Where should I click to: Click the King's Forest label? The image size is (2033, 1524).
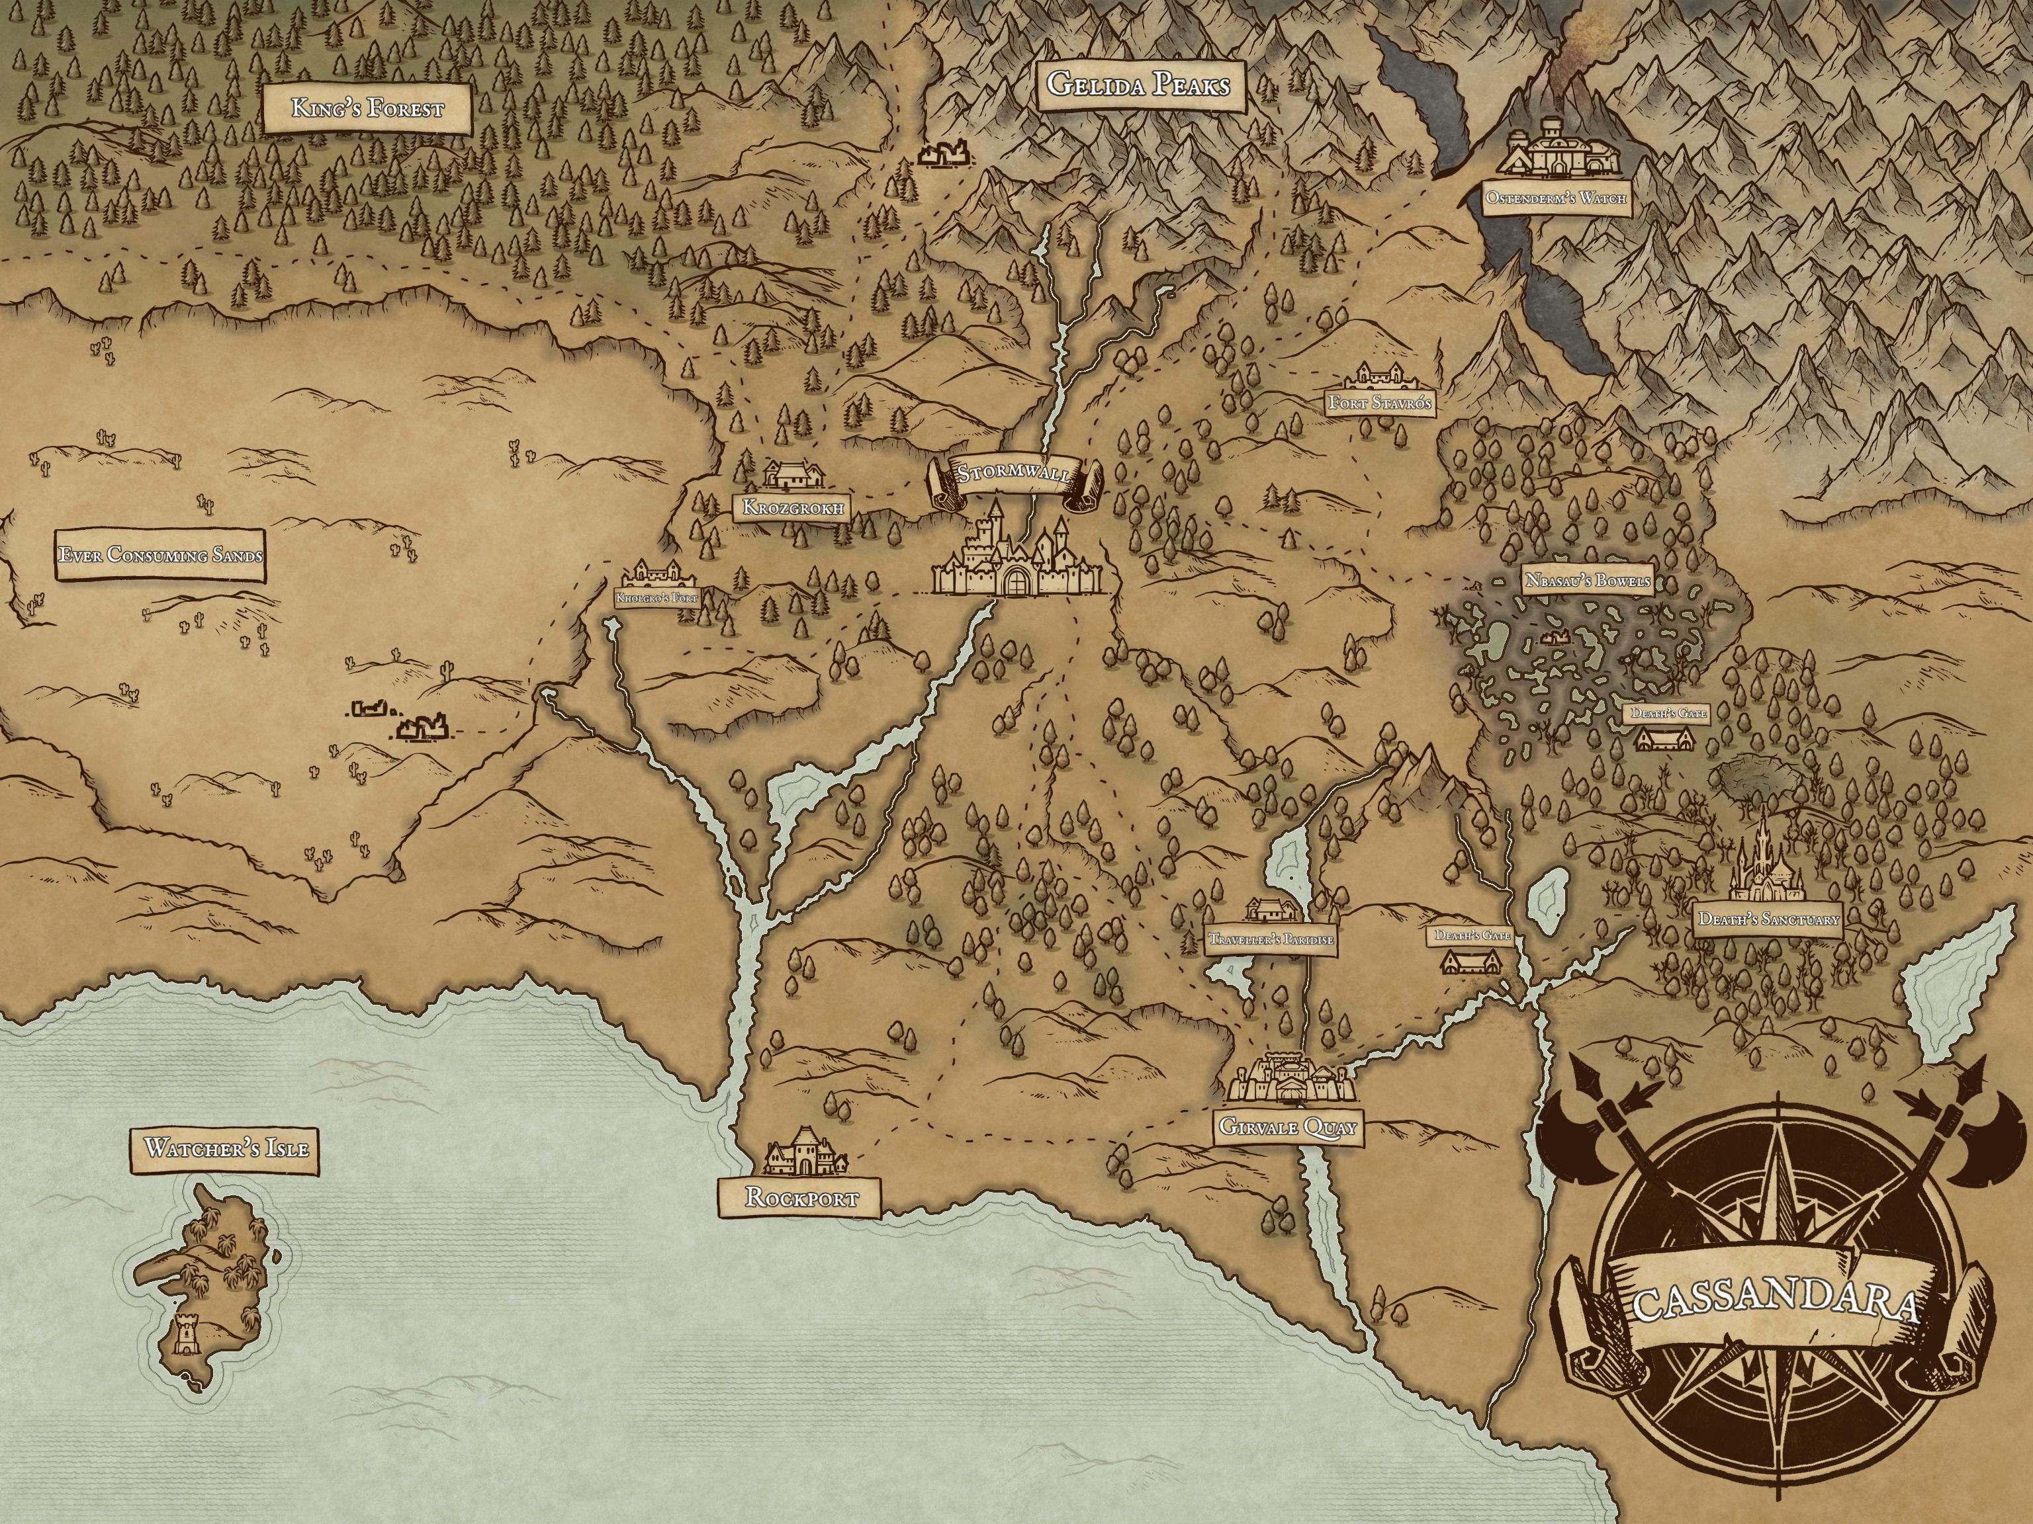coord(367,109)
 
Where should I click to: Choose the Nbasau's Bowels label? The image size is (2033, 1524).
coord(1587,581)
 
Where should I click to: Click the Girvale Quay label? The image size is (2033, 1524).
coord(1288,1127)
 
